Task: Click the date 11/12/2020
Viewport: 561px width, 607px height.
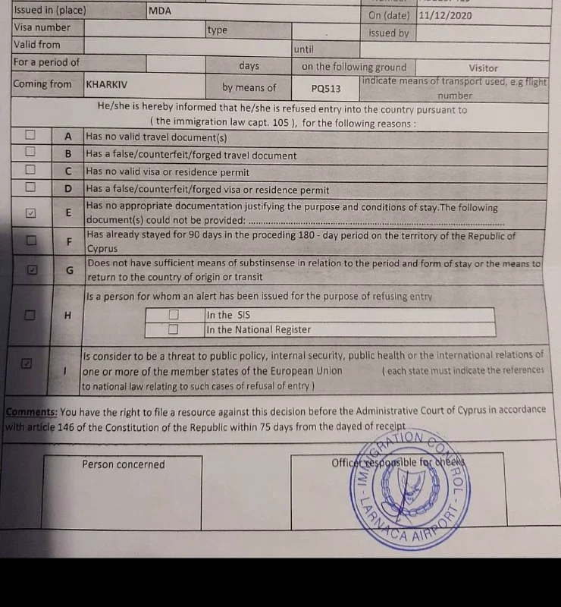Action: [445, 14]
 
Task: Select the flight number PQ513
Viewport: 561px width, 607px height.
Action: [326, 88]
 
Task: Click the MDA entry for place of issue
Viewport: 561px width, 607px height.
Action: [160, 11]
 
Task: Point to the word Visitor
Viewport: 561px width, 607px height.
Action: [484, 68]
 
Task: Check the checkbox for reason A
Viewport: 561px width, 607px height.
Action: [30, 135]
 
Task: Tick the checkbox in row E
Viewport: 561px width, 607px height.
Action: [30, 212]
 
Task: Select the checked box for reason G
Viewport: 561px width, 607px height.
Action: [33, 269]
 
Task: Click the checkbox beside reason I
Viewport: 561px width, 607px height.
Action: [27, 363]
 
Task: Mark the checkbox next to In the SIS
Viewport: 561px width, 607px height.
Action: [174, 314]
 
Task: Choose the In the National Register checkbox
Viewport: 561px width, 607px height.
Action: [174, 329]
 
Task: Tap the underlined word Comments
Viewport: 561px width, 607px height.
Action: [31, 411]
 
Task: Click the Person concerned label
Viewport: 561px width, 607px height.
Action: [124, 464]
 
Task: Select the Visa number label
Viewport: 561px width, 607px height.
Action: [42, 28]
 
